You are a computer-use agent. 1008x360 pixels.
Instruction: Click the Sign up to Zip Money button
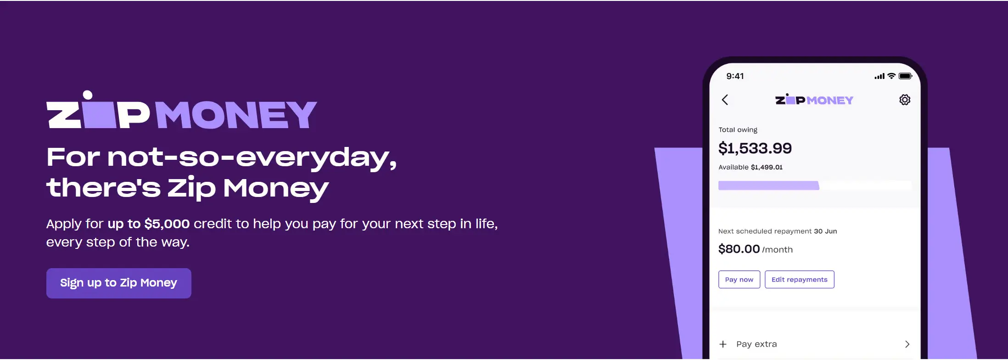(118, 283)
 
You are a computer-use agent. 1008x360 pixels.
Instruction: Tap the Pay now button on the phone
(739, 280)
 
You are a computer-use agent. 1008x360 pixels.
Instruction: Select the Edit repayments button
(799, 280)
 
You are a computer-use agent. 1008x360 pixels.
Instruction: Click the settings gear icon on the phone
(905, 100)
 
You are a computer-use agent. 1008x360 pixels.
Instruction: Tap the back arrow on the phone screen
(725, 100)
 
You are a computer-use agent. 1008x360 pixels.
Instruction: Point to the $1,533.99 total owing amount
(755, 148)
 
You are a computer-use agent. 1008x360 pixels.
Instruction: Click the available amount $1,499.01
(767, 167)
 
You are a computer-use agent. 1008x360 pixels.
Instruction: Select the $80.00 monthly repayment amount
(739, 249)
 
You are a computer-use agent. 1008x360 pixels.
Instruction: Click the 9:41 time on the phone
(735, 76)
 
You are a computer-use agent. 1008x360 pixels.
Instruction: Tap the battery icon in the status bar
(905, 76)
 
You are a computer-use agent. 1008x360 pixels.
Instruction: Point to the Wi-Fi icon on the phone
(891, 76)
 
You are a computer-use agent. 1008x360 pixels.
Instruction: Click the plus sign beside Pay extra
(723, 344)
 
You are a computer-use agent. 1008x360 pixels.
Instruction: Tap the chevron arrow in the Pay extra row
(907, 344)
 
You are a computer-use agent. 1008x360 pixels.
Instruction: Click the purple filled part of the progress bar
(769, 186)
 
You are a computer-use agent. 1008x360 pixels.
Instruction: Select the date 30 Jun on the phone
(825, 231)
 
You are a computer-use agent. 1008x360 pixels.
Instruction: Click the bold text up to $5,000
(149, 224)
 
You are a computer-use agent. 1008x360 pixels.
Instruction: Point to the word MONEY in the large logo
(236, 115)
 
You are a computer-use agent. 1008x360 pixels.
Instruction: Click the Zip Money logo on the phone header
(814, 100)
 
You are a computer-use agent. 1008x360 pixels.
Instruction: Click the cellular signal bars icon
(879, 76)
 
